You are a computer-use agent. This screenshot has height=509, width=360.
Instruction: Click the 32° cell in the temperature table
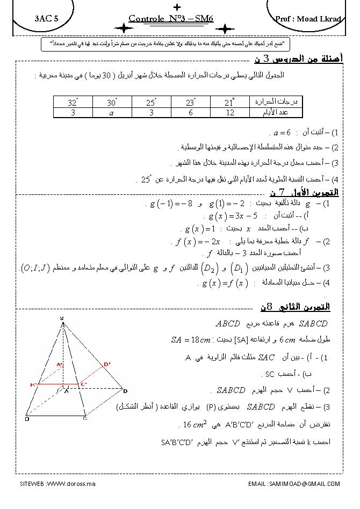[x=73, y=102]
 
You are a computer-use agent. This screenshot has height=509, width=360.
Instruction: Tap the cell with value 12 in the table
[x=229, y=113]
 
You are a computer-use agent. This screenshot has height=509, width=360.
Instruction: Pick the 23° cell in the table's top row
[x=190, y=102]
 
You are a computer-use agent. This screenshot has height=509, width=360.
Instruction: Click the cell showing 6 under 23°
[x=190, y=113]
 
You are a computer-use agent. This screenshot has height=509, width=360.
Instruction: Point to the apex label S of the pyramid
[x=62, y=318]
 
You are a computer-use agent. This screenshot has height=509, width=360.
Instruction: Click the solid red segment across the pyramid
[x=59, y=384]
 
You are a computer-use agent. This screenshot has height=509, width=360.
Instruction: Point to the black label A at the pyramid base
[x=66, y=392]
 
